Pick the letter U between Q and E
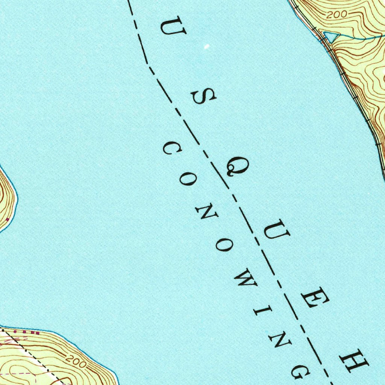point(276,233)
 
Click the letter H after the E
point(354,361)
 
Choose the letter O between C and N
point(186,180)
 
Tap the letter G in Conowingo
point(300,371)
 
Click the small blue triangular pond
point(331,36)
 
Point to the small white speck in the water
point(206,47)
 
